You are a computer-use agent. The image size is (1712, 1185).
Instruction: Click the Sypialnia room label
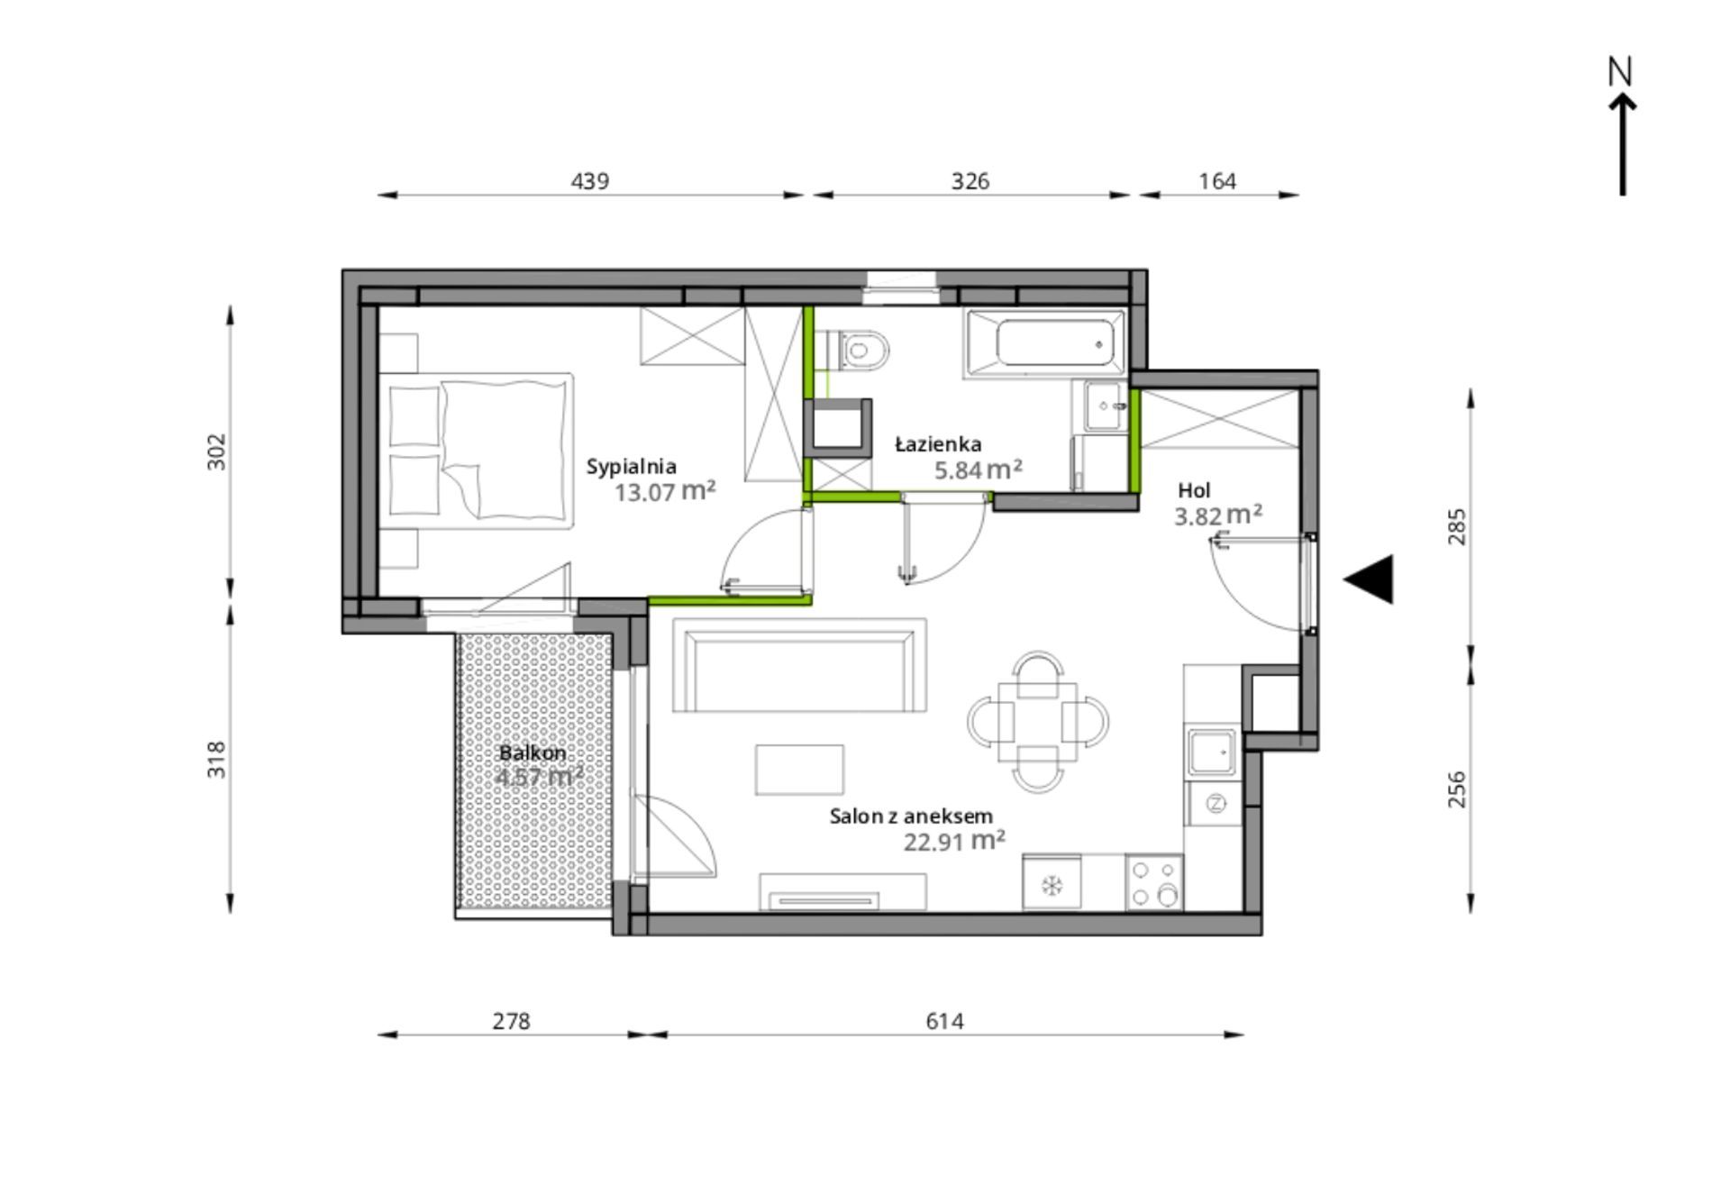coord(631,467)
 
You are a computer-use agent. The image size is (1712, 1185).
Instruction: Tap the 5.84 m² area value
coord(978,469)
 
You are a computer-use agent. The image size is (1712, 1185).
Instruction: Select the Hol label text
coord(1194,490)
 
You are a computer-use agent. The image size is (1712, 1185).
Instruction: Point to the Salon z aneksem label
coord(911,816)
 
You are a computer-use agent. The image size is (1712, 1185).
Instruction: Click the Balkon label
coord(533,752)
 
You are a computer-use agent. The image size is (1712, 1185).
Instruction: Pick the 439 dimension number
coord(590,181)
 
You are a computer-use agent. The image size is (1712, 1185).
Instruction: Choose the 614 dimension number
coord(944,1021)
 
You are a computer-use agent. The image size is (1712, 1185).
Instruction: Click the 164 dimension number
coord(1217,181)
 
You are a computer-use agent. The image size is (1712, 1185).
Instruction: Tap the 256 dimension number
coord(1456,789)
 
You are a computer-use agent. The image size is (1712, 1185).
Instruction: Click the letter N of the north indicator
coord(1620,71)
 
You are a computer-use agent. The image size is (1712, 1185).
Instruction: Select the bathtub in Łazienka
coord(1044,343)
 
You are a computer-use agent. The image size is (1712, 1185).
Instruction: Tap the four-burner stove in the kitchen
coord(1154,882)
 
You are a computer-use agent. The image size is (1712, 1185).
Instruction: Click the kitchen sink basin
coord(1211,752)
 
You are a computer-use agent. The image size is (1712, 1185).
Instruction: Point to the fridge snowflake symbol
coord(1051,885)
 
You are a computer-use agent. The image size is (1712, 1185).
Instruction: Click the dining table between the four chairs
coord(1037,722)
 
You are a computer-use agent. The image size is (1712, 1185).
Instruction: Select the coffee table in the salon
coord(799,770)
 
